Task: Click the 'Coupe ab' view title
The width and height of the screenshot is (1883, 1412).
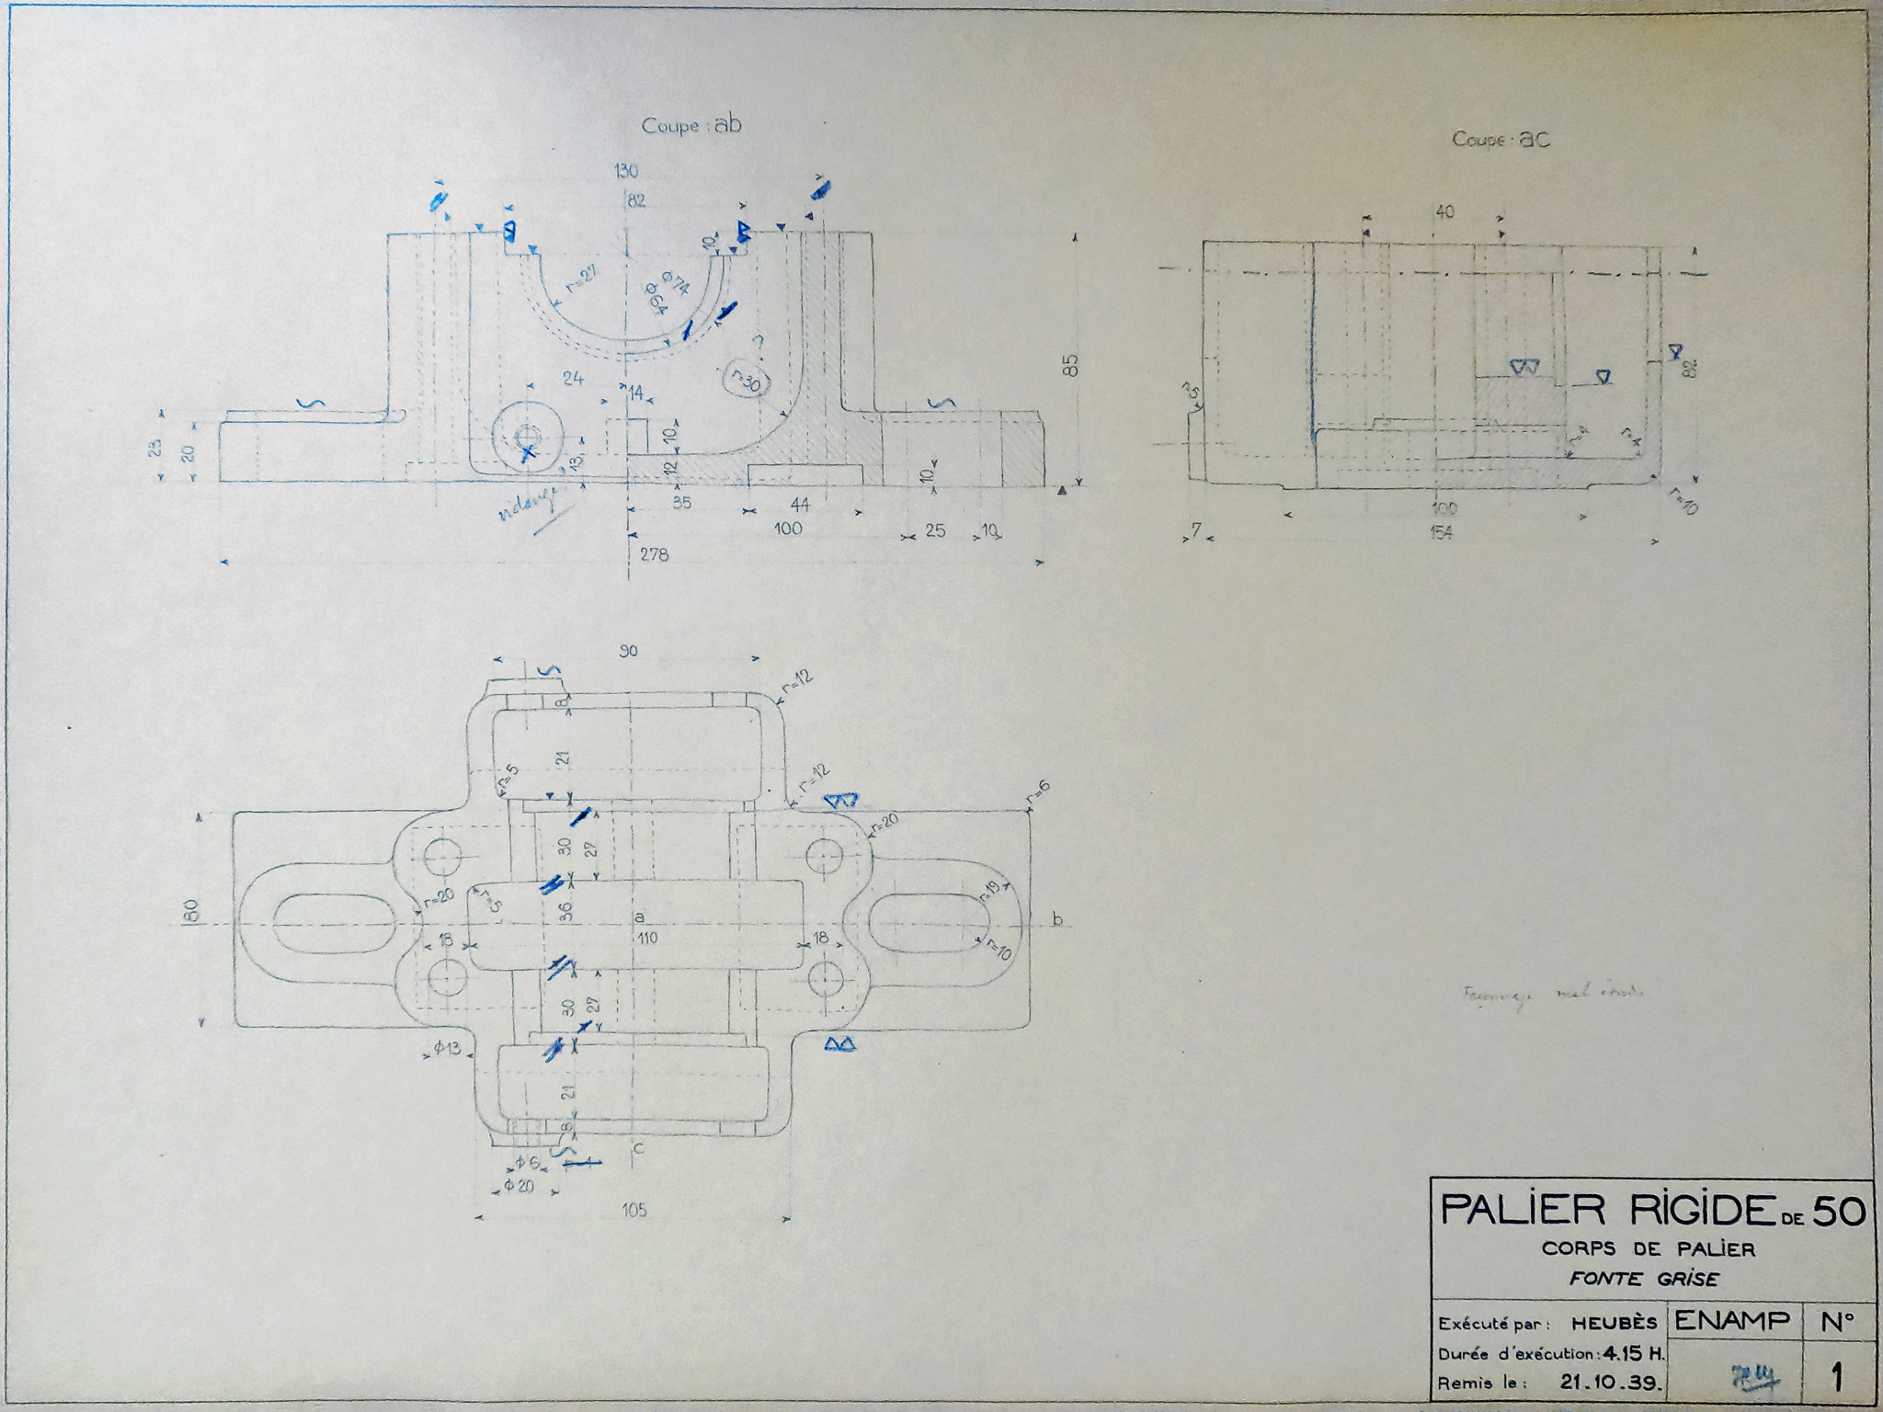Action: tap(691, 126)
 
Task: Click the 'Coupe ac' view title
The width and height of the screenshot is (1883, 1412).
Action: tap(1501, 140)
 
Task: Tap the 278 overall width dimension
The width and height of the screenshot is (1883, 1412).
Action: tap(654, 554)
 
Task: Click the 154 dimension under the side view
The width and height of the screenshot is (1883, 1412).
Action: tap(1440, 532)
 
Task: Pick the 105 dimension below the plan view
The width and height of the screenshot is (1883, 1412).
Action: tap(633, 1210)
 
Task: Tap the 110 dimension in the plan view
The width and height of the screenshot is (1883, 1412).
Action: tap(647, 938)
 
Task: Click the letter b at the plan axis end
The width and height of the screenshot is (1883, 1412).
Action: tap(1057, 919)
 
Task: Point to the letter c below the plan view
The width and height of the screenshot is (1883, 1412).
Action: tap(638, 1148)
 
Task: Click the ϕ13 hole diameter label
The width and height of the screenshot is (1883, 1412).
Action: tap(447, 1048)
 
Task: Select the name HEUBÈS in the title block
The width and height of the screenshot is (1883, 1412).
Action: tap(1614, 1324)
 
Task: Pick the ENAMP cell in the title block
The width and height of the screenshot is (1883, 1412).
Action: tap(1732, 1321)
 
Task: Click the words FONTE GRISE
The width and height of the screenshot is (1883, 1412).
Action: tap(1644, 1279)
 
